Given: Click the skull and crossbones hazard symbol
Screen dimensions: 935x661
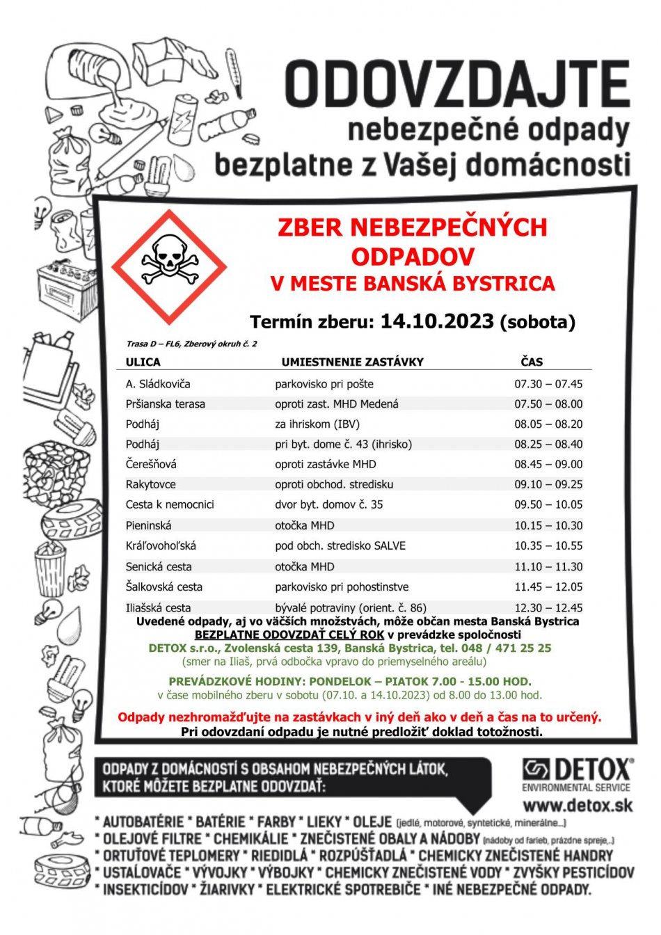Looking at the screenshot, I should tap(169, 266).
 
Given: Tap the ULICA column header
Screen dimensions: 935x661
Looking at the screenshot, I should tap(143, 362).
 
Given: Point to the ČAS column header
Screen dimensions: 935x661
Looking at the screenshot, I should tap(532, 362).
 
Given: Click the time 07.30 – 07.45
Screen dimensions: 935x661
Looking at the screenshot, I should tap(548, 384).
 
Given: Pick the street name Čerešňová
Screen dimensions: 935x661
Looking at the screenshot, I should tap(151, 464).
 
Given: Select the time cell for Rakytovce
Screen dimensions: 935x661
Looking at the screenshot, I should tap(548, 484).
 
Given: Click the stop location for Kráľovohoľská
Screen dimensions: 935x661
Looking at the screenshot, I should tap(340, 546).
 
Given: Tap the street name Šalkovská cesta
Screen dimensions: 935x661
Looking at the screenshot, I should tap(164, 586).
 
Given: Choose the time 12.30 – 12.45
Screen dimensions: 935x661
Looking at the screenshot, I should tap(548, 607).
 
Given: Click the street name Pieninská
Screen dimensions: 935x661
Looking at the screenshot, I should tap(148, 525).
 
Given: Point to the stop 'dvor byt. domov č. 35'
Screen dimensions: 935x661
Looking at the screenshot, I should tap(328, 504).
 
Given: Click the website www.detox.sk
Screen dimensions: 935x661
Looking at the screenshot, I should tap(578, 806).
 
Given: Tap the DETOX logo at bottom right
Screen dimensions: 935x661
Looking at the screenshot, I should tap(577, 771).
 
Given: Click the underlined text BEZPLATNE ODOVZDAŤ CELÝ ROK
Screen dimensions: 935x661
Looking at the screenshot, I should tap(290, 634).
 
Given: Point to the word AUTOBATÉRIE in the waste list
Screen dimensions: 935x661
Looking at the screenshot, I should tap(143, 822).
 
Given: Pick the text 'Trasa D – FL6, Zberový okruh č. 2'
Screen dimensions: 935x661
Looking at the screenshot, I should tap(191, 344).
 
